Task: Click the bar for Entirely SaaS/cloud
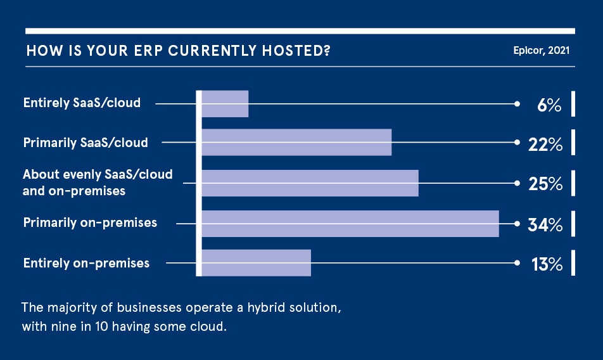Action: [225, 104]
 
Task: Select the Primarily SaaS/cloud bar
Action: [296, 143]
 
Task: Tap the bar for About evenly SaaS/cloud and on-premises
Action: [310, 183]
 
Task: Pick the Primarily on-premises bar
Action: [350, 224]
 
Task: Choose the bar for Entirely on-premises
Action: [256, 263]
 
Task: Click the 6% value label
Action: [549, 105]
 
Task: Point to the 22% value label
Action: [545, 145]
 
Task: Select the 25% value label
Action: [545, 184]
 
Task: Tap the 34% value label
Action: [545, 224]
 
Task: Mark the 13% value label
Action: [547, 264]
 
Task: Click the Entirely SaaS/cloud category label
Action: [82, 103]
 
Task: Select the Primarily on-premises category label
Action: [90, 222]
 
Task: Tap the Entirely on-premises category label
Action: [86, 263]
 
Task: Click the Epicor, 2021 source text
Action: [542, 50]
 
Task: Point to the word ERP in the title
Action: [148, 51]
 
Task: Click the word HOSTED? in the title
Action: [296, 51]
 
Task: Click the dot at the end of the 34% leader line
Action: [517, 224]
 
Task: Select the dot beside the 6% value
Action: [517, 104]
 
